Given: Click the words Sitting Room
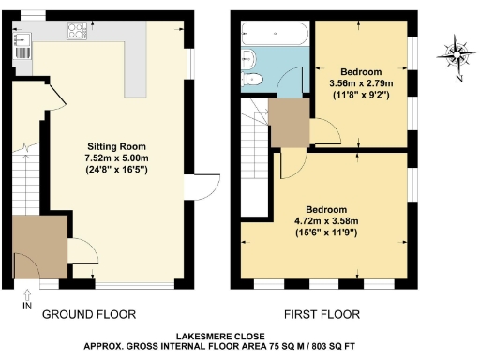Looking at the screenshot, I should point(117,147).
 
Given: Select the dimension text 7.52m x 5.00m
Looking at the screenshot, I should point(117,158).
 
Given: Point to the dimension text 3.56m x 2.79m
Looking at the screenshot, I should point(360,83).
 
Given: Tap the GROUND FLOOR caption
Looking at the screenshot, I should point(90,314).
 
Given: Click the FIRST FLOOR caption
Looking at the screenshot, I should point(324,314).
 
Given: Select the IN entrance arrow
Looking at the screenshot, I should point(26,299).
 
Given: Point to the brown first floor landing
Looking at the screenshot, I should point(288,123).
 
